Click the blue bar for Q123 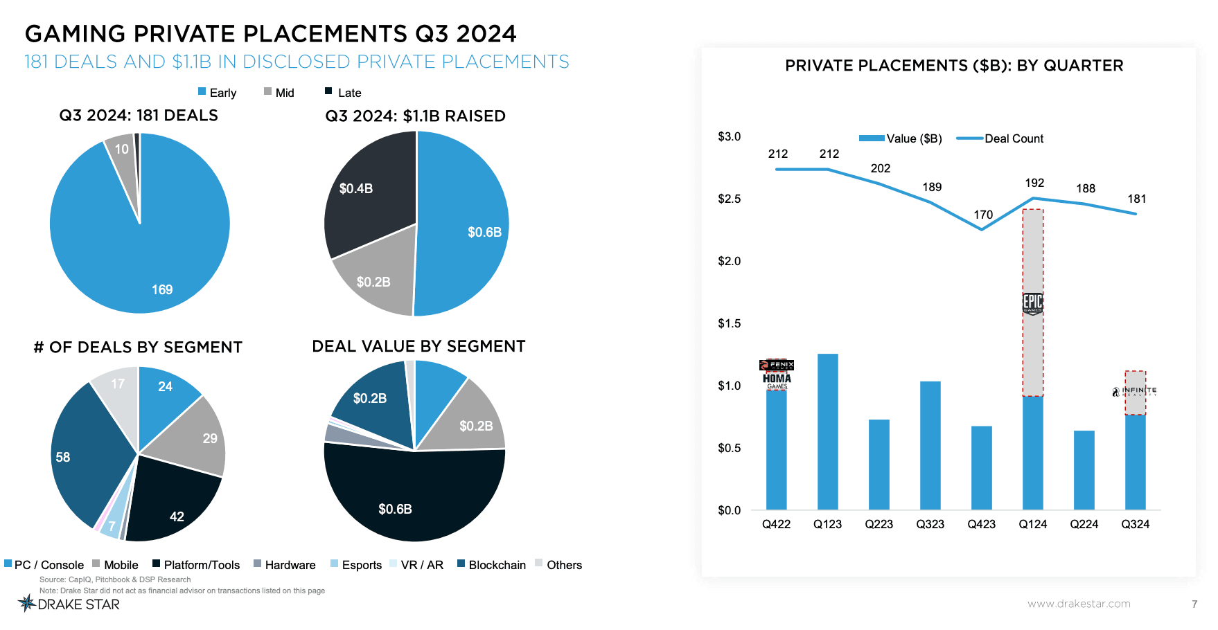(x=827, y=433)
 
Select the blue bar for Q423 (x=981, y=468)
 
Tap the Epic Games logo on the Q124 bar (x=1032, y=303)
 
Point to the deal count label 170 (x=982, y=215)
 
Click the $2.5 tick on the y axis (x=729, y=199)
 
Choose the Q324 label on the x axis (x=1135, y=525)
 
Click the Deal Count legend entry (x=1000, y=138)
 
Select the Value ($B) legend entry (x=901, y=138)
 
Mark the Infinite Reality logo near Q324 (x=1134, y=391)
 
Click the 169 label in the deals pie (x=162, y=290)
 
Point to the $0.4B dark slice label (x=356, y=189)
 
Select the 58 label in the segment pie (x=63, y=458)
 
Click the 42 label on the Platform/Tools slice (x=177, y=517)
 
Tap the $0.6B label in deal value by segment (x=395, y=510)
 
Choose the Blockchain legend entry (x=491, y=565)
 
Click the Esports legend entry (x=356, y=565)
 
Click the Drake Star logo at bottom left (x=69, y=604)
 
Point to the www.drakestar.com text (x=1079, y=604)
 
